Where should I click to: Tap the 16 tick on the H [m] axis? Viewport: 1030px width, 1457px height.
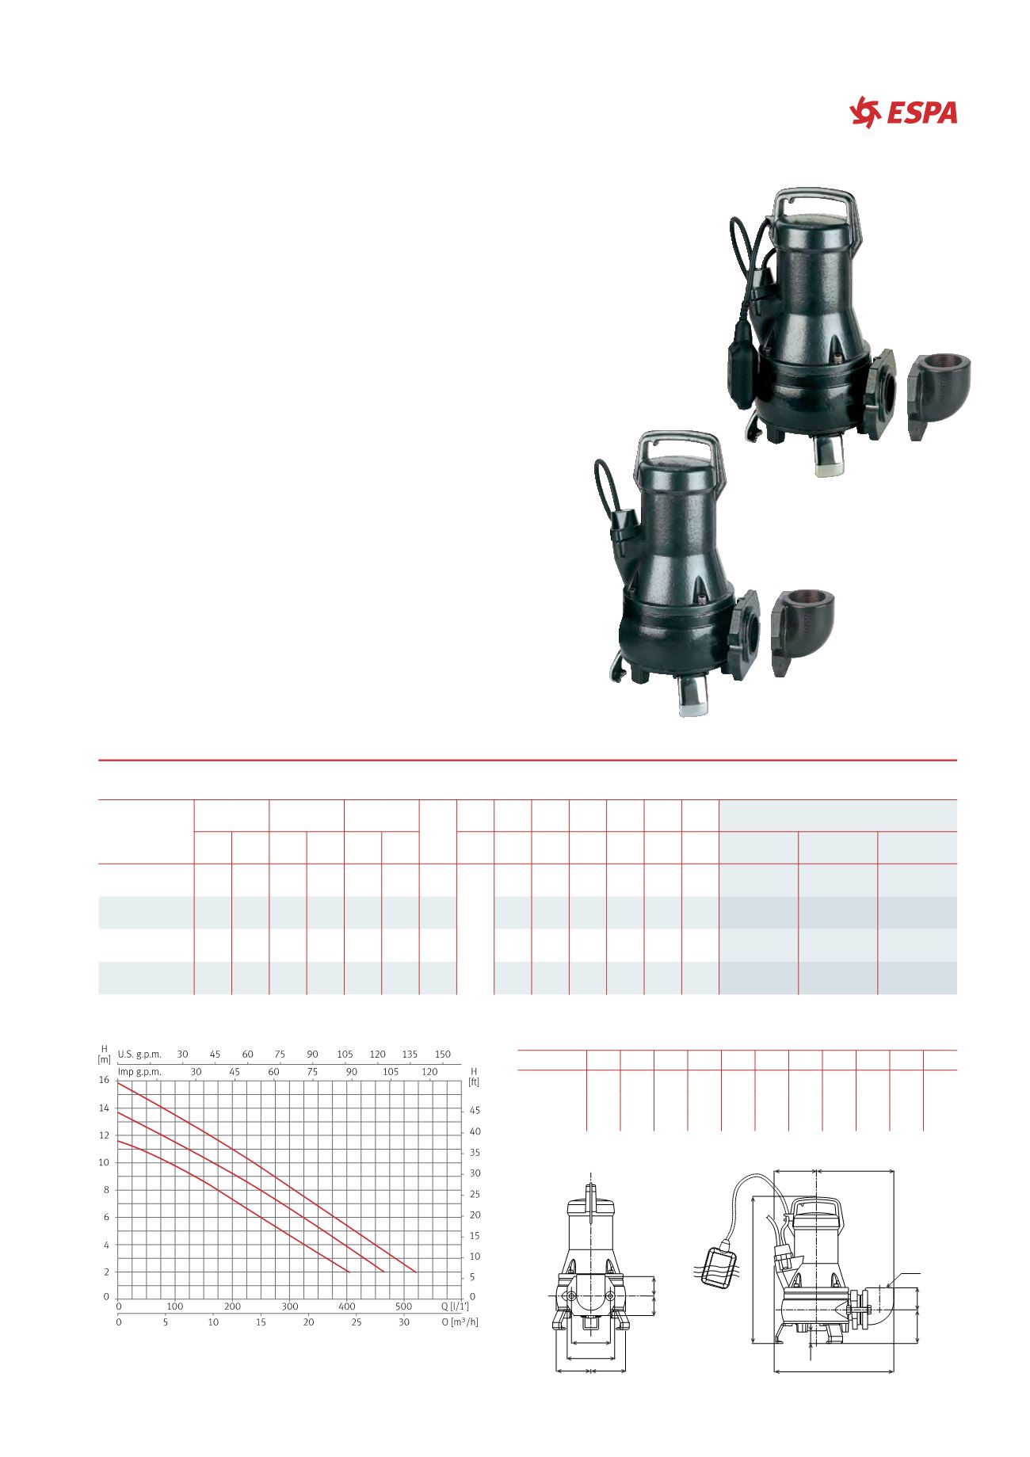[104, 1081]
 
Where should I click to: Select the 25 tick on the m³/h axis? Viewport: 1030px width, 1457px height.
[357, 1322]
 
